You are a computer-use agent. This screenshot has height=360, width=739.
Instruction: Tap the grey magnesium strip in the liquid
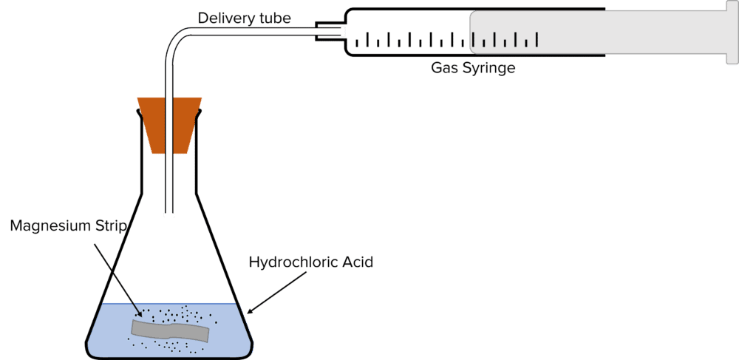click(170, 330)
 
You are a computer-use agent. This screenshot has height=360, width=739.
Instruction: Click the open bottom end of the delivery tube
click(169, 215)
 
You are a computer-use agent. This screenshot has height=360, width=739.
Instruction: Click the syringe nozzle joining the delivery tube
click(330, 31)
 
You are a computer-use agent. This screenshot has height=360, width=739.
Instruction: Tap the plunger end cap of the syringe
click(729, 33)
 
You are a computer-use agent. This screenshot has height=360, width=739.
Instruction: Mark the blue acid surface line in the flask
click(170, 304)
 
